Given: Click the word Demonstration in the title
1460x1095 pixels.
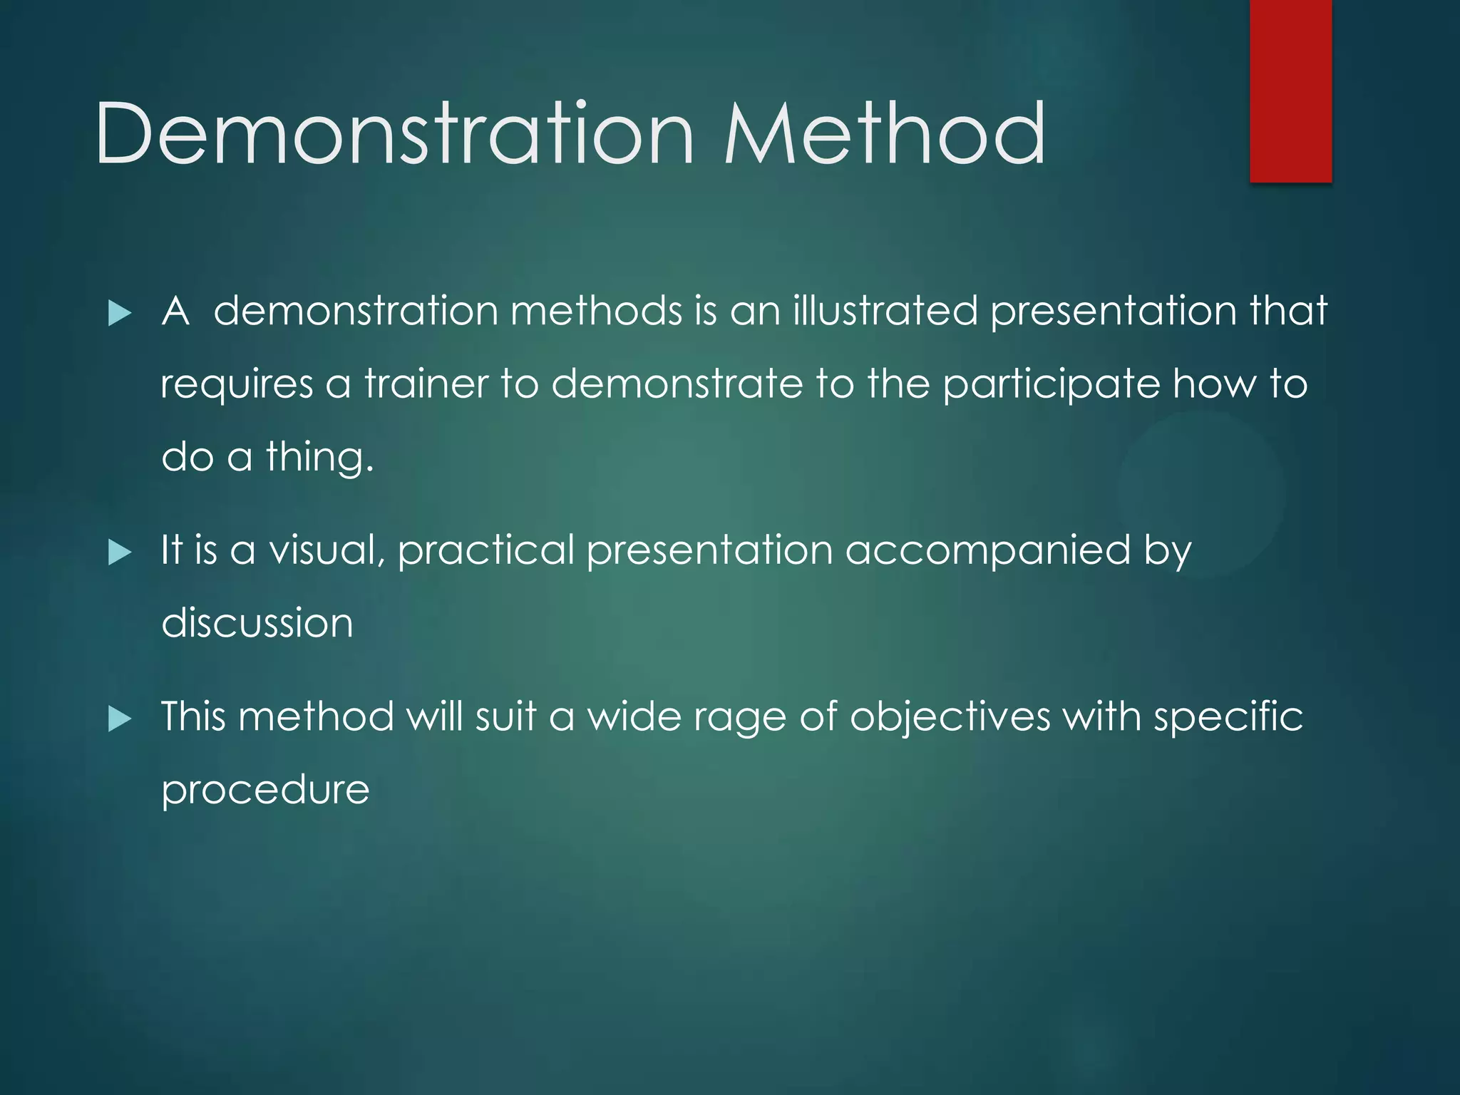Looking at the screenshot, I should point(394,134).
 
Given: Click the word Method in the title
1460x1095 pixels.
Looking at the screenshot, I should point(885,134).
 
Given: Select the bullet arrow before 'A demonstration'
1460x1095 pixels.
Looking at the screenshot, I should point(120,313).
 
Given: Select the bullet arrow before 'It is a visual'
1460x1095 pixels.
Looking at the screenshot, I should point(120,552).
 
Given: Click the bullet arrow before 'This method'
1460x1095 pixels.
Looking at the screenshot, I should point(120,719).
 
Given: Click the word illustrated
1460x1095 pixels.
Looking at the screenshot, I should point(885,311).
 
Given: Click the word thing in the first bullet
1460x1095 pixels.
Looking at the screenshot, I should point(319,457).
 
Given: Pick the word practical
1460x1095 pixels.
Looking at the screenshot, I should point(485,550).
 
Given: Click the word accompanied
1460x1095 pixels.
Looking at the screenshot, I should point(987,552).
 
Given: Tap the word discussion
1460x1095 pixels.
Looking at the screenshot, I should point(257,623).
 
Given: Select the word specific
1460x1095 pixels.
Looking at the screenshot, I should point(1228,717).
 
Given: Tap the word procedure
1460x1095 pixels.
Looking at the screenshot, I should point(265,791).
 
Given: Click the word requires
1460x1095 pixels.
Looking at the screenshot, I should point(237,385).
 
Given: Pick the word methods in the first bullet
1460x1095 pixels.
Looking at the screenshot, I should point(596,311).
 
